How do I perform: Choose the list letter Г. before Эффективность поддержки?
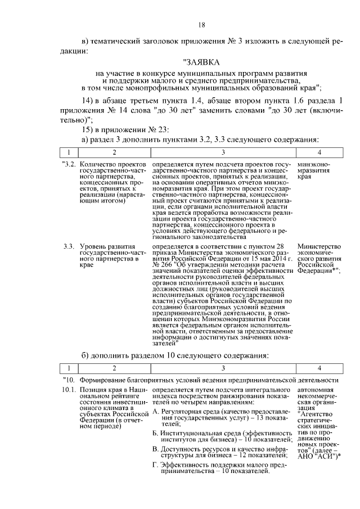[155, 465]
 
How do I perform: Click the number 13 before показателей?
[256, 418]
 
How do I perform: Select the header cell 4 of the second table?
[319, 368]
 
